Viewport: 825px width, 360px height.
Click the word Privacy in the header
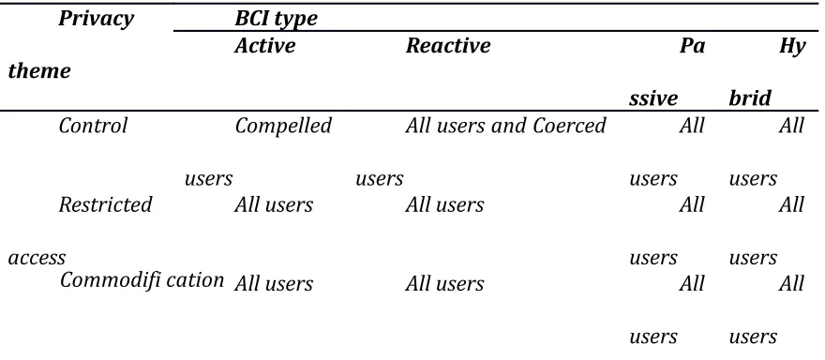click(97, 19)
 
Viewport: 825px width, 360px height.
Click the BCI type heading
click(277, 19)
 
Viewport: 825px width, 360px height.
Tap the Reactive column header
click(448, 46)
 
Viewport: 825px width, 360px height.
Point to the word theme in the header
click(39, 70)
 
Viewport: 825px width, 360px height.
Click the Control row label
click(93, 126)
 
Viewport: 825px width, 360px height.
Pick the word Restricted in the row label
click(105, 204)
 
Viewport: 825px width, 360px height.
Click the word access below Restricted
click(37, 258)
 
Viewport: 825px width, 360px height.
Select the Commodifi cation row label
click(142, 279)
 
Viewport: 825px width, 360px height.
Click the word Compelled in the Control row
click(283, 127)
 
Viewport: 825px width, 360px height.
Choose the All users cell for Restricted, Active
click(274, 204)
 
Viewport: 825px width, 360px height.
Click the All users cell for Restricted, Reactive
click(444, 204)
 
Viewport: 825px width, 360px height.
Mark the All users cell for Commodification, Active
click(274, 284)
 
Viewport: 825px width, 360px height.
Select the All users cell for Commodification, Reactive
click(444, 284)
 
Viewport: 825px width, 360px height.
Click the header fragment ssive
click(652, 99)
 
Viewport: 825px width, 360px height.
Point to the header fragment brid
click(750, 98)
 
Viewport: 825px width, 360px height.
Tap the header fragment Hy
click(792, 47)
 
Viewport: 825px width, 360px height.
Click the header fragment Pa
click(692, 46)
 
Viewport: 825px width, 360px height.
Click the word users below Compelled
click(208, 179)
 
